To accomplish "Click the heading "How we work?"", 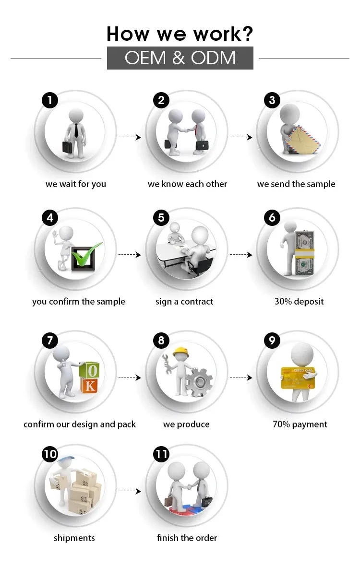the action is coord(180,34).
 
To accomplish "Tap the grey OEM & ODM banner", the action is coord(180,58).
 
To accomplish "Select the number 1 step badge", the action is coord(50,100).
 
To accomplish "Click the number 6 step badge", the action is coord(272,218).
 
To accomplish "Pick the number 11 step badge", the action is coord(161,454).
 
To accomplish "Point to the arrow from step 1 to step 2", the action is coord(130,137).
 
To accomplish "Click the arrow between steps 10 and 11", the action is coord(130,491).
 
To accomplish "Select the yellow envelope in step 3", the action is coord(302,140).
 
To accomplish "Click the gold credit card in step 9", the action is coord(298,378).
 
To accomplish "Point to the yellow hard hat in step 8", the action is coord(180,352).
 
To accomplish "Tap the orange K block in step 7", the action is coord(90,386).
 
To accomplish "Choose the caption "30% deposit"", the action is coord(299,301).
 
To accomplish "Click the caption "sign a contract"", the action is coord(184,301).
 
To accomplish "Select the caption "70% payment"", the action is coord(300,424).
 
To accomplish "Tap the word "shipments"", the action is coord(74,538).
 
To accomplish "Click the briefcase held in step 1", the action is coord(67,147).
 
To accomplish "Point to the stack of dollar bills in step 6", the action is coord(305,253).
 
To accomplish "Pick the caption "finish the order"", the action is coord(187,538).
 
